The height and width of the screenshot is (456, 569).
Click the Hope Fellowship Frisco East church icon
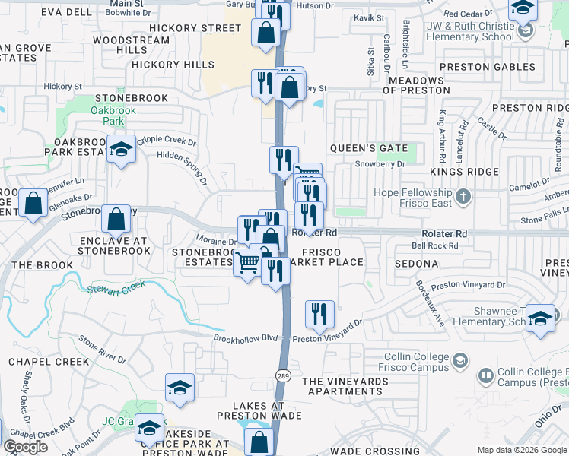pos(463,198)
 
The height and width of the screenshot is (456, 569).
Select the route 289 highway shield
pos(281,375)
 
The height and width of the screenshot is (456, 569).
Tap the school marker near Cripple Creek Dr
pos(121,150)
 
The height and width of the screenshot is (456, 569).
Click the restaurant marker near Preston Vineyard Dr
pos(319,313)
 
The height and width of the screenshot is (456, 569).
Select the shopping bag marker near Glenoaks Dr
pos(33,203)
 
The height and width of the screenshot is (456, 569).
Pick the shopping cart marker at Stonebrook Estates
pos(246,264)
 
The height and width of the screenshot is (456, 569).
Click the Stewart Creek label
pos(116,288)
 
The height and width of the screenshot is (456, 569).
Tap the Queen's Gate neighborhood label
pos(369,148)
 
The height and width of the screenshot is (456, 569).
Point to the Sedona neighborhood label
pos(416,264)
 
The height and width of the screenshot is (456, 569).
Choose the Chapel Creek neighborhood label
pos(49,362)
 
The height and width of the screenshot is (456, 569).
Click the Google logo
pos(25,447)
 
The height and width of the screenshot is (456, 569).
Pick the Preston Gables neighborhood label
pos(487,67)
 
